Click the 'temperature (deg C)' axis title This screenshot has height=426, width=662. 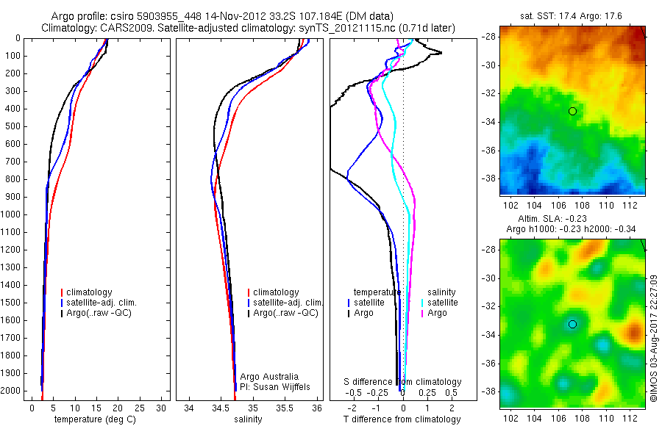point(96,420)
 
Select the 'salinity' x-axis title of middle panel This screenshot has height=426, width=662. point(249,420)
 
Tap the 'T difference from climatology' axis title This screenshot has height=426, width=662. point(402,420)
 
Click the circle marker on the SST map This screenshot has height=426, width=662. point(572,111)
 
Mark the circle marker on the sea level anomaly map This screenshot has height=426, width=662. point(572,324)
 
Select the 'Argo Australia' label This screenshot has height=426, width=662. point(270,376)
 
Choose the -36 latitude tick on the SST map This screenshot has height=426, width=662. point(491,151)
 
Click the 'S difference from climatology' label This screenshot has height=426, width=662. point(403,382)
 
